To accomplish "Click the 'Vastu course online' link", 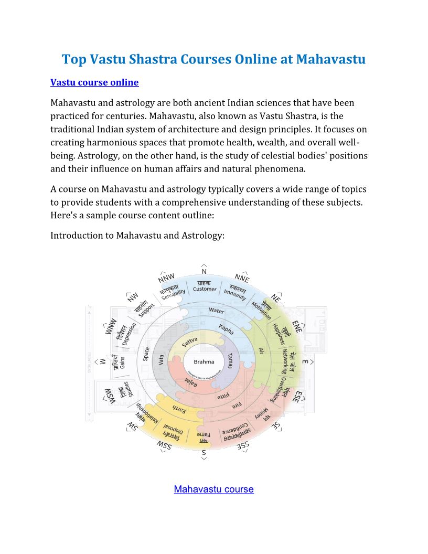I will click(94, 82).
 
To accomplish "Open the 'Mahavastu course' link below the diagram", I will click(213, 489).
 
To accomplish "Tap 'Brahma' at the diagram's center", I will click(204, 361).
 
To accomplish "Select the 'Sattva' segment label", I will click(190, 342).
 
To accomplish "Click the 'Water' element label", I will click(216, 311).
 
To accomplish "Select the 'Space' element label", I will click(146, 354).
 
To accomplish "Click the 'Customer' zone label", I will click(205, 289).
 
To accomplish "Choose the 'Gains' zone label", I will click(122, 362).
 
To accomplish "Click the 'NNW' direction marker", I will click(166, 276).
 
